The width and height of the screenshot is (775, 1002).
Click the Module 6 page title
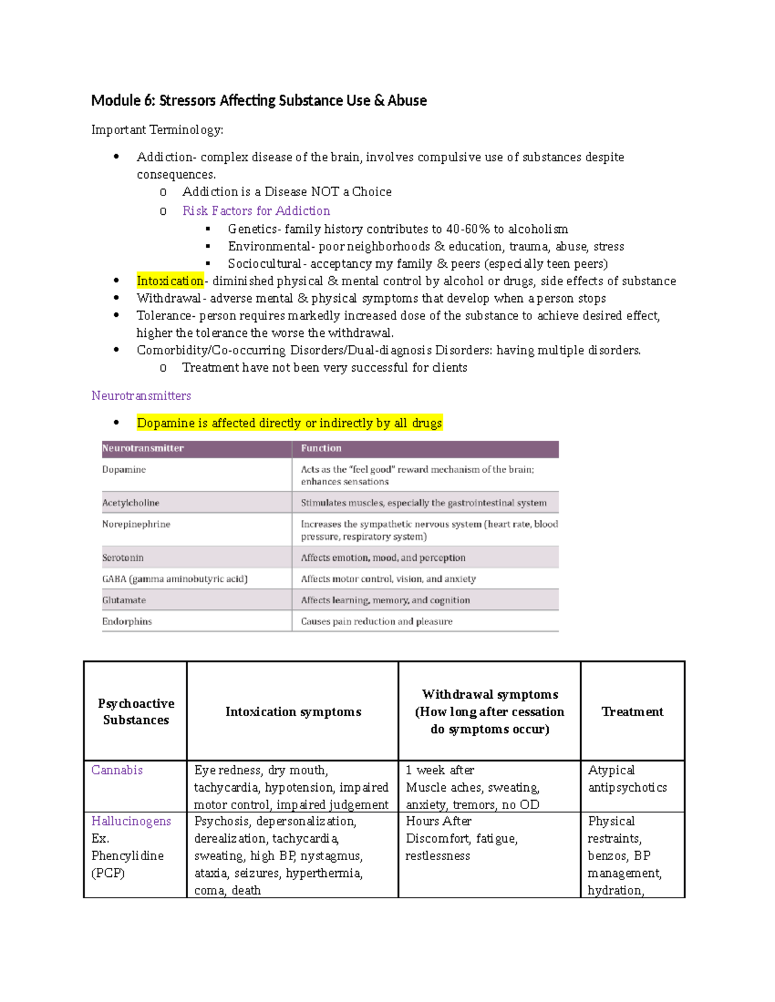258,101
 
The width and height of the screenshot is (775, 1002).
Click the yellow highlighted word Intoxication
170,281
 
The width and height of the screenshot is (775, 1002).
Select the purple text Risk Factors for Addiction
256,211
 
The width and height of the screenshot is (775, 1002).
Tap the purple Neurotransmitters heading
141,396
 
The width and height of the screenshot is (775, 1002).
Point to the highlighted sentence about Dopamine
289,423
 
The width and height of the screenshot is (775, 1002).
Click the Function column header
321,448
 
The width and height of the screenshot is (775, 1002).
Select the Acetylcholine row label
130,503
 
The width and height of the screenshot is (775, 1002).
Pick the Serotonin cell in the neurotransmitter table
123,557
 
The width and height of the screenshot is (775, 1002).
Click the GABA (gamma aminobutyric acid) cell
174,579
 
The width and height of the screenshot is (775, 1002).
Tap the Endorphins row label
127,621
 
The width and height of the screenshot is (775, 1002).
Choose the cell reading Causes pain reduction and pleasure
377,621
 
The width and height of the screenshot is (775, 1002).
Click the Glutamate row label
124,600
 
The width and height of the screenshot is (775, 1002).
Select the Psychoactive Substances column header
136,712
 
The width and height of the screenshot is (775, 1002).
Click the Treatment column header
632,712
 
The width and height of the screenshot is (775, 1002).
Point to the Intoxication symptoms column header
293,712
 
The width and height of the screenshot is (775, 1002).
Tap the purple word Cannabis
117,770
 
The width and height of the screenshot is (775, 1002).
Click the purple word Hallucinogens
131,821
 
